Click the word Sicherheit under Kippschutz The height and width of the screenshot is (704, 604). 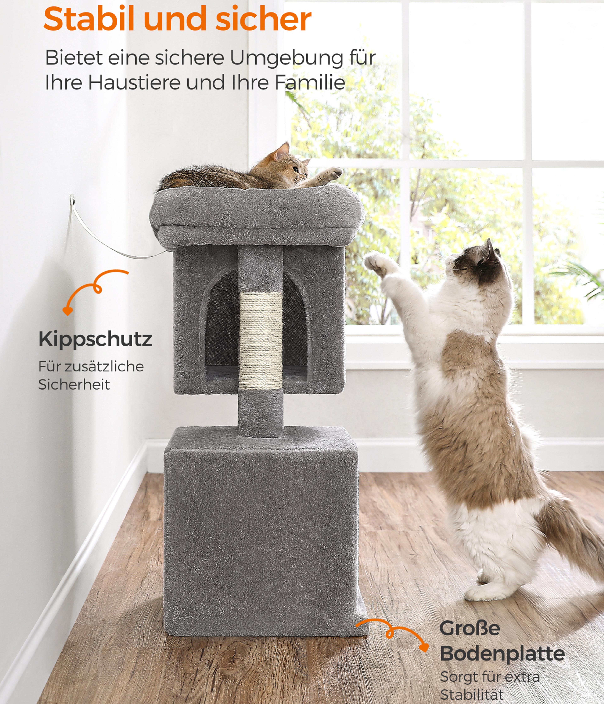pyautogui.click(x=74, y=385)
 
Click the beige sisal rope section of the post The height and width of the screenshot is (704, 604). pyautogui.click(x=261, y=341)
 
